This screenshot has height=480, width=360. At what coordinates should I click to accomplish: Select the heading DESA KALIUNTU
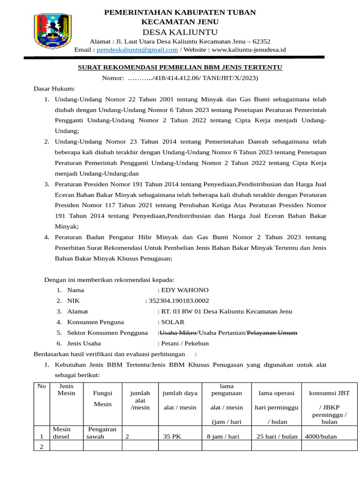[180, 32]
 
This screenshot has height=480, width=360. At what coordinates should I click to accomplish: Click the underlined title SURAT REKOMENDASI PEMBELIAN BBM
[180, 67]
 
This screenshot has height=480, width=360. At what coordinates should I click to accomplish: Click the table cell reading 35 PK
[172, 436]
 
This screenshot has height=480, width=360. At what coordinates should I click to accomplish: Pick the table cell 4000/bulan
[321, 436]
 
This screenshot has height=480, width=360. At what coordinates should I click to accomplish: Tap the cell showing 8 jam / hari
[223, 436]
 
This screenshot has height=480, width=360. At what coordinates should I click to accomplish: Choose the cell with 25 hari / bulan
[277, 436]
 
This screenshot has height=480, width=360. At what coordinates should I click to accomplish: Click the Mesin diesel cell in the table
[61, 433]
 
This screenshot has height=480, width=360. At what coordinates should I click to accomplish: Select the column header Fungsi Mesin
[102, 398]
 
